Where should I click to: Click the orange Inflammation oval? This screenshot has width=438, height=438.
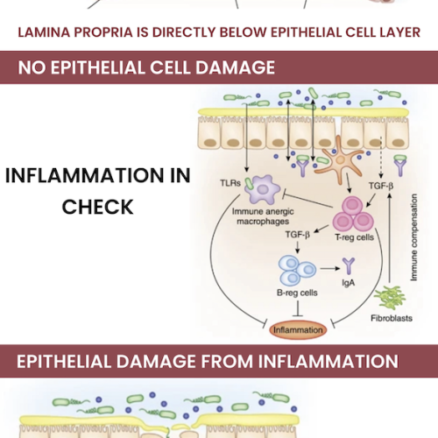click(298, 330)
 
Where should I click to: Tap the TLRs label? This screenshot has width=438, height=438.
click(230, 183)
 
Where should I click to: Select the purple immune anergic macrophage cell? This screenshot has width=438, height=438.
click(262, 189)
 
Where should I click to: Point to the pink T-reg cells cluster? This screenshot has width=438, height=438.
click(353, 214)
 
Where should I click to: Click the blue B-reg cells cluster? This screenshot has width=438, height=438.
click(297, 270)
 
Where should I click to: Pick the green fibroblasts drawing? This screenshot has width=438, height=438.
click(390, 298)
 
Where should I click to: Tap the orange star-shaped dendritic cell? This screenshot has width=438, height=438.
click(339, 159)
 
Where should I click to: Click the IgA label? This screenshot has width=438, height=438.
click(349, 283)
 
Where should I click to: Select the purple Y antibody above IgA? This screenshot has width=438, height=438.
click(349, 265)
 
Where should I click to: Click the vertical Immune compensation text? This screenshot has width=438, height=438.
click(413, 237)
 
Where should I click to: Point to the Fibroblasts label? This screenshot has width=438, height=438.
click(392, 318)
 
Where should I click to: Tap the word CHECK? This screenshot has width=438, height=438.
click(98, 207)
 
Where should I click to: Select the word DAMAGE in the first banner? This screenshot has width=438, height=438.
click(235, 67)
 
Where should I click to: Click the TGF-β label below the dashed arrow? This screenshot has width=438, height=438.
click(381, 186)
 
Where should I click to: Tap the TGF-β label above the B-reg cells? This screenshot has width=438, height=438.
click(298, 234)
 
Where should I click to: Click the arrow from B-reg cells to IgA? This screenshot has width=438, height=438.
click(330, 268)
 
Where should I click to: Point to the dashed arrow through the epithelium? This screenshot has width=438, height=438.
click(381, 157)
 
